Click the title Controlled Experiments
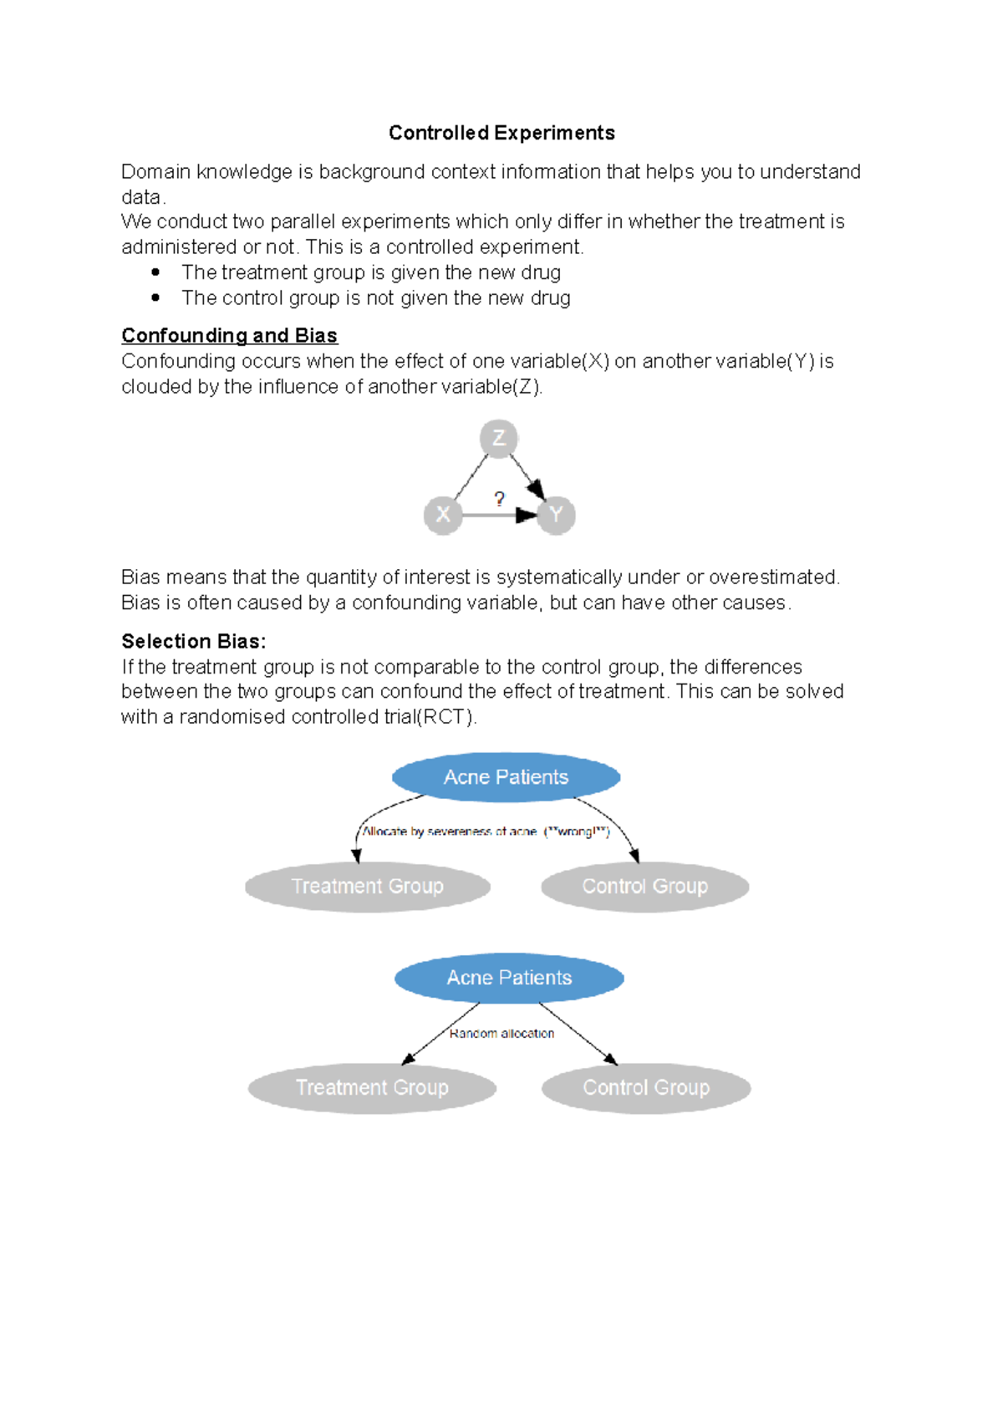[501, 133]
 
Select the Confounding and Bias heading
[229, 335]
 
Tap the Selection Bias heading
[193, 641]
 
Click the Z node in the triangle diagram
[499, 438]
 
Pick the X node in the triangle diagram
[443, 515]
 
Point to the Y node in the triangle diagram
[556, 515]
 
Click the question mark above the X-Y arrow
[499, 499]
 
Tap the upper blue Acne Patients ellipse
[506, 777]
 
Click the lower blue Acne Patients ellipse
[509, 978]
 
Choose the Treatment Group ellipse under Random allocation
[372, 1087]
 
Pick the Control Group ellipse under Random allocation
[645, 1087]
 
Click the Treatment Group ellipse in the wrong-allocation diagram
[367, 886]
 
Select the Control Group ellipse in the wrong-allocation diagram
[644, 886]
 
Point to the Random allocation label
[501, 1034]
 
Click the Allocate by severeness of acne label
[450, 832]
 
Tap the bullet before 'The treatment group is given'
[155, 272]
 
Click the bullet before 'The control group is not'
[155, 298]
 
